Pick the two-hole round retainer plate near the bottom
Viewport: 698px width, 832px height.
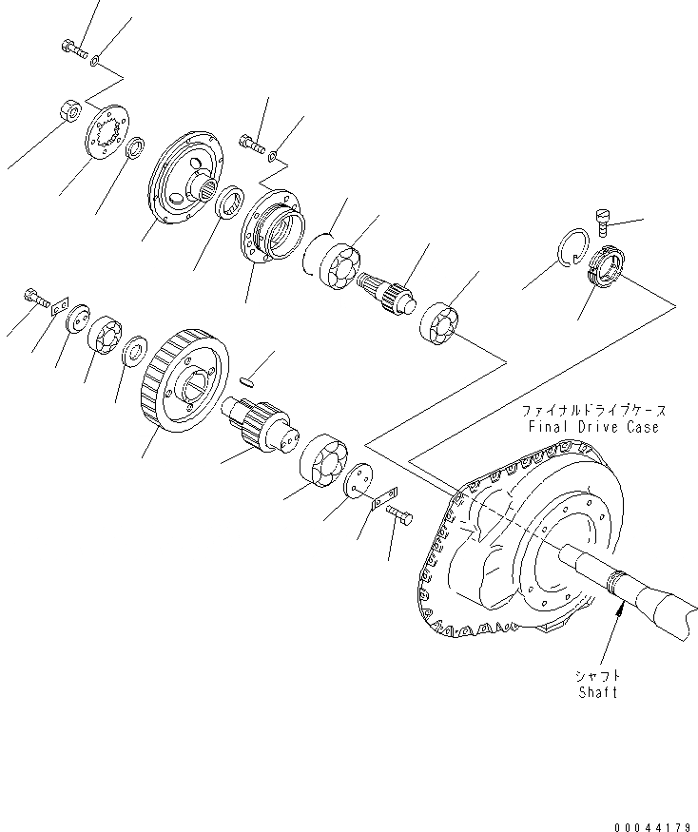click(357, 481)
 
